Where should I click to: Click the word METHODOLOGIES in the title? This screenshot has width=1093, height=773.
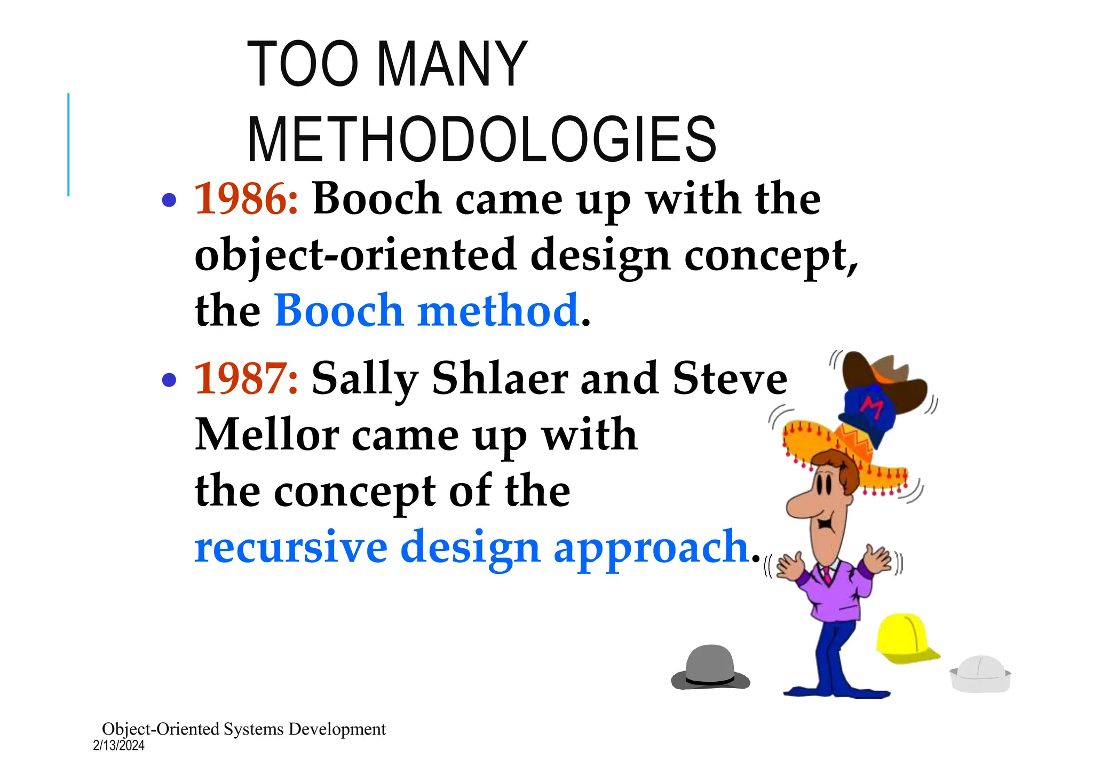482,140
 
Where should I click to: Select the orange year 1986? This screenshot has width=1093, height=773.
245,199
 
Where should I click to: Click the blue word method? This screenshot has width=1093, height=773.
498,311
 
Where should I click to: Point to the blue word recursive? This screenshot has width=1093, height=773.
291,547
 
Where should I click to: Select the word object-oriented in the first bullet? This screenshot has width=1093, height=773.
355,255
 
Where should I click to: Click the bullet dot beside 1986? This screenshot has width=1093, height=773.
169,200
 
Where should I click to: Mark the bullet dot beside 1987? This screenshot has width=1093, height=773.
169,380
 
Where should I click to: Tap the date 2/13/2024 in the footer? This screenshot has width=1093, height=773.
118,746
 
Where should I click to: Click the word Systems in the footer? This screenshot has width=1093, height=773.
254,729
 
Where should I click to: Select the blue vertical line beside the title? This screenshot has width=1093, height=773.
68,144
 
